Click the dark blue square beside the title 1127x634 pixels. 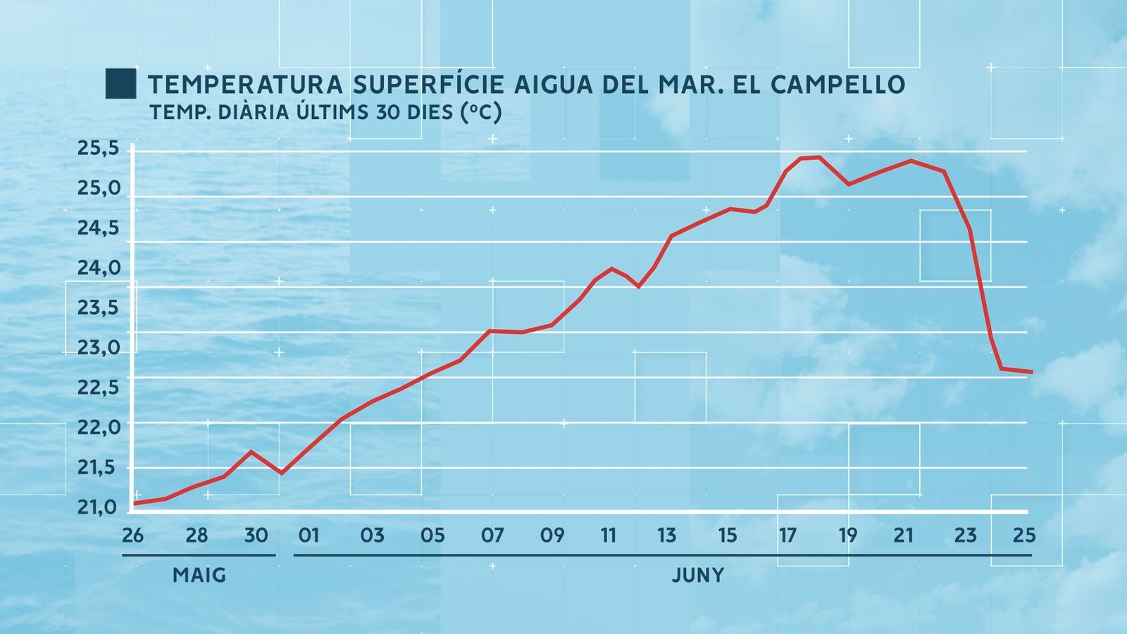[120, 84]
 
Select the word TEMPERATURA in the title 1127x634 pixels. [246, 85]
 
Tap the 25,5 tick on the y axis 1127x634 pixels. [99, 149]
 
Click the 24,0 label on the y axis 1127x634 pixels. [99, 268]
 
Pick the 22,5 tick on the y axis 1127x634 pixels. [99, 387]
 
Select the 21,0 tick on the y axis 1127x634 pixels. [99, 507]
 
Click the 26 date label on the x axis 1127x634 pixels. [132, 535]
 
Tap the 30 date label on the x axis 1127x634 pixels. [256, 535]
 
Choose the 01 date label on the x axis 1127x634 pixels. [309, 535]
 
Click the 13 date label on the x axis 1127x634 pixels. [666, 535]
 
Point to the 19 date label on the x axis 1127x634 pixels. [848, 535]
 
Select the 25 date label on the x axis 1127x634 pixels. [1024, 535]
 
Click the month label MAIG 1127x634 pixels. [199, 576]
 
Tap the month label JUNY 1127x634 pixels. [697, 576]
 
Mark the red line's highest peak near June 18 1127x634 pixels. [818, 157]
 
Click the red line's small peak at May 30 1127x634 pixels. [251, 452]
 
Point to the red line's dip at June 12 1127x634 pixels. [638, 286]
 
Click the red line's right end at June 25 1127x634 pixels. [1031, 372]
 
